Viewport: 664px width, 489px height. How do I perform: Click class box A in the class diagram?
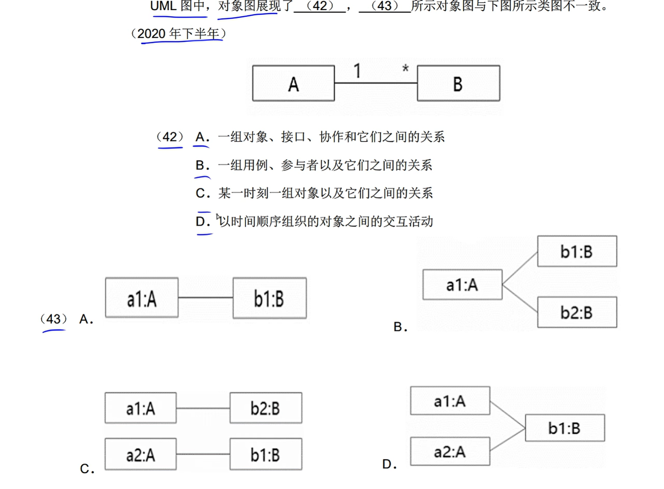[293, 84]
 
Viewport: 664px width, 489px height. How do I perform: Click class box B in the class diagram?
[458, 84]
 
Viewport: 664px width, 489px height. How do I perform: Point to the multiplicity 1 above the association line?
[357, 71]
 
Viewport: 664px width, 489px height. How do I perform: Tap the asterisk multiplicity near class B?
[405, 69]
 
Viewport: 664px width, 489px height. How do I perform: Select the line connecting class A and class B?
[375, 83]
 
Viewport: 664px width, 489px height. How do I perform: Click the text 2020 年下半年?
[179, 34]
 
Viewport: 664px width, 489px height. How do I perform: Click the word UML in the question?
[163, 6]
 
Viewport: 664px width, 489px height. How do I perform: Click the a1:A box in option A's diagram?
[142, 298]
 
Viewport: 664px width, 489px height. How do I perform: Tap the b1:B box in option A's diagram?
[269, 298]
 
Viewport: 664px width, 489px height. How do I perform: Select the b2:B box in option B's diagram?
[577, 312]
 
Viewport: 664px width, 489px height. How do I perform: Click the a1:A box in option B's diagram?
[462, 285]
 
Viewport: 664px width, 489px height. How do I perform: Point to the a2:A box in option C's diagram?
[140, 454]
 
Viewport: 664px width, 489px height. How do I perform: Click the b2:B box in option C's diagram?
[265, 408]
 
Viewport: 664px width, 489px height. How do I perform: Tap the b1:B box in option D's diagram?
[564, 428]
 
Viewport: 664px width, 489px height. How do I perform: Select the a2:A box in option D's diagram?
[450, 451]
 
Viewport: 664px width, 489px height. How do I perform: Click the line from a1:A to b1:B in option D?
[507, 415]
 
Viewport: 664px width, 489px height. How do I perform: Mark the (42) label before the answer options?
[170, 137]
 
